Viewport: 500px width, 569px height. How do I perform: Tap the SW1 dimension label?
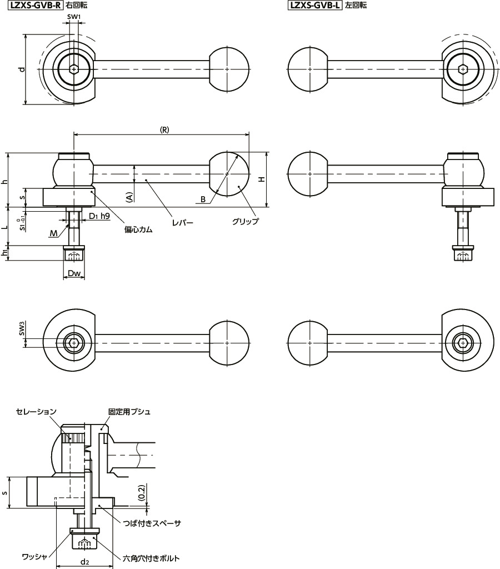click(x=74, y=18)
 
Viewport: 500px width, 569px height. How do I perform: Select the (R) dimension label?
click(x=164, y=129)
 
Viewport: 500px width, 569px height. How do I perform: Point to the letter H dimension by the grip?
click(x=262, y=179)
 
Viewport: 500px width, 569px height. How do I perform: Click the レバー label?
click(x=182, y=222)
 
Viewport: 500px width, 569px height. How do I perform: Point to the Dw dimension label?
click(x=74, y=273)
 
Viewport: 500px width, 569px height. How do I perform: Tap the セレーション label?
click(x=36, y=412)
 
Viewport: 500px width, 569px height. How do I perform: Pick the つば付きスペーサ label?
click(x=152, y=523)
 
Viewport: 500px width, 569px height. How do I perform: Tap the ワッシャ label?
click(x=33, y=556)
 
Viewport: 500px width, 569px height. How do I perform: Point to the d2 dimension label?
click(x=84, y=562)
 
